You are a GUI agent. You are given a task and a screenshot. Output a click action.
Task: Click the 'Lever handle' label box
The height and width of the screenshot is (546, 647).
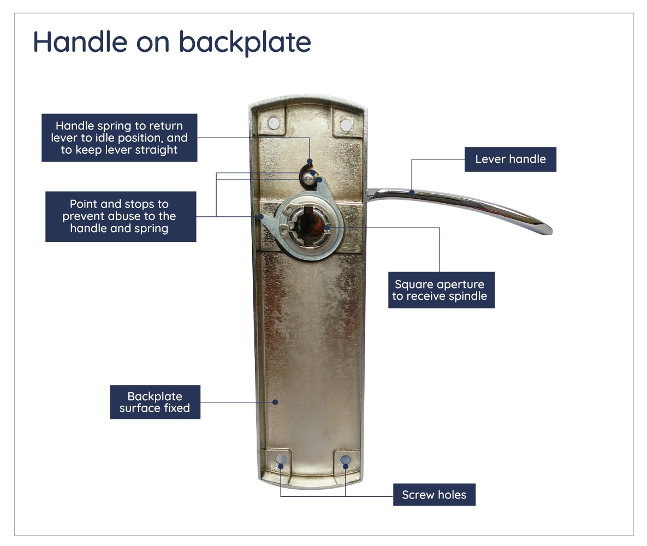[x=510, y=159]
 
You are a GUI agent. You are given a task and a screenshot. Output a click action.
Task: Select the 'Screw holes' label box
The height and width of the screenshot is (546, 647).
[x=434, y=495]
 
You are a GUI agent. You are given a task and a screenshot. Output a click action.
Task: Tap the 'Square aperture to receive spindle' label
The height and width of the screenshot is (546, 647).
[x=441, y=290]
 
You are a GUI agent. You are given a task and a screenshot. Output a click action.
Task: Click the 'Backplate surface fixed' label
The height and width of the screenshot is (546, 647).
[x=155, y=402]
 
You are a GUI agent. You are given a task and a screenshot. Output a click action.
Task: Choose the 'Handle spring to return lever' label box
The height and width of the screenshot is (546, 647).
[x=119, y=138]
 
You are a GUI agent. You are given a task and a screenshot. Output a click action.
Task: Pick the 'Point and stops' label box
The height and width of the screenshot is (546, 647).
[x=120, y=216]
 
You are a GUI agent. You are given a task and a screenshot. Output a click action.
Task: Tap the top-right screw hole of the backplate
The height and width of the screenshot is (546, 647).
[x=346, y=125]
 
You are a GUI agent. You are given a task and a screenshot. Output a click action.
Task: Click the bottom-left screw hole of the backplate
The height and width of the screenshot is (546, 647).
[x=281, y=459]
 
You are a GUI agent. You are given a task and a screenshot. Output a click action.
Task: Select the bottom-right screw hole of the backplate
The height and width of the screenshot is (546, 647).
[x=345, y=460]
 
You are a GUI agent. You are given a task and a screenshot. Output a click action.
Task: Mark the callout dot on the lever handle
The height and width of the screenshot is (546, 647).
[x=411, y=192]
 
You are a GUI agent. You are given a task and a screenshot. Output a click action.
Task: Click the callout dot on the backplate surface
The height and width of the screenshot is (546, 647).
[x=275, y=402]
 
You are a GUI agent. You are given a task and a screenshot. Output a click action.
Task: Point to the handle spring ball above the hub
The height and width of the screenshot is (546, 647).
[x=310, y=174]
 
